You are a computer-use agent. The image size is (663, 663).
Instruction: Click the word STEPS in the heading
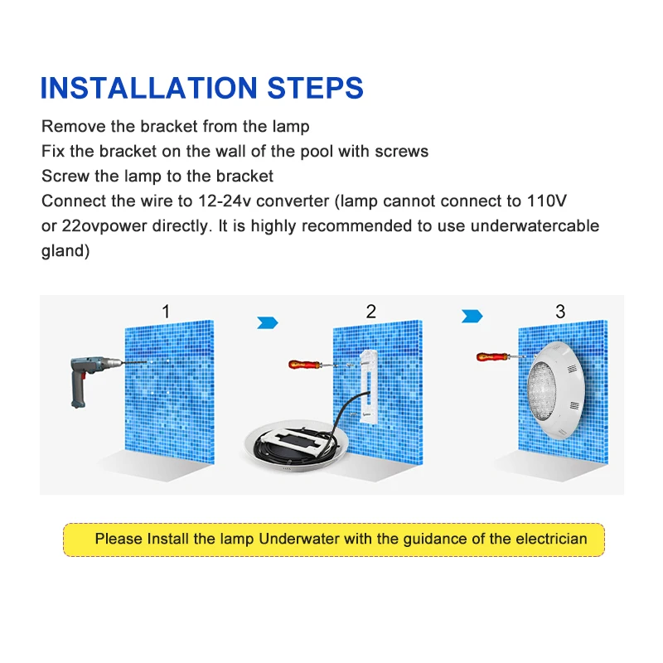pos(312,88)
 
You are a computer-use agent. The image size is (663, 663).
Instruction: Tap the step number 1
pos(166,312)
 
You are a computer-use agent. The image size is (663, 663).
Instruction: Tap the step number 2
pos(371,312)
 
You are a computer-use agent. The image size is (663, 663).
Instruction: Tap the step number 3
pos(561,312)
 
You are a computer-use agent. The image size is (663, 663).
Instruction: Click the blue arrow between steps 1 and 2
pos(268,322)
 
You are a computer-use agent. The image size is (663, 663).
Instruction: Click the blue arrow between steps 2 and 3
pos(472,316)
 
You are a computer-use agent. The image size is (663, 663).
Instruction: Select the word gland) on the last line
pos(65,250)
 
